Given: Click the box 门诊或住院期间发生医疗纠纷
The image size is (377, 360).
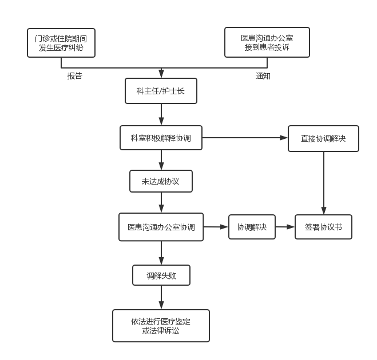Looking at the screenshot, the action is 61,43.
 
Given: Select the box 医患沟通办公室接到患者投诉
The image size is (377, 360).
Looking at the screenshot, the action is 267,42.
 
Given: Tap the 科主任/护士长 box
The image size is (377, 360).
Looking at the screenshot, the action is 161,91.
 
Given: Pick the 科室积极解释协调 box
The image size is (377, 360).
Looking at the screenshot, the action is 161,138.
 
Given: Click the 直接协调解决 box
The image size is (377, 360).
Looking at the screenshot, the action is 323,138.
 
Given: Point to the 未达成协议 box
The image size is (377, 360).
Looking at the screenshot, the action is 161,181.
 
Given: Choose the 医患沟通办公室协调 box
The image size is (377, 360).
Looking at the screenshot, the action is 161,227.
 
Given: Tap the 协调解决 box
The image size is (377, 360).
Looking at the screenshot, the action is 252,227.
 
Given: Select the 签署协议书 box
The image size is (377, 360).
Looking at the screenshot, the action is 323,227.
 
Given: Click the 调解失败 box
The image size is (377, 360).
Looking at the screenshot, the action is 161,275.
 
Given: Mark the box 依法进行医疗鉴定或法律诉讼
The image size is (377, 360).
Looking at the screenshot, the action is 161,326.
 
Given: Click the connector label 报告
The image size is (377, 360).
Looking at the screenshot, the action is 75,76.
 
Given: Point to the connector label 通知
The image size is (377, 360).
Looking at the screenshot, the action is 263,76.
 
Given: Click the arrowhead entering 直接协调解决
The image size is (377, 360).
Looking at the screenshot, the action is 284,138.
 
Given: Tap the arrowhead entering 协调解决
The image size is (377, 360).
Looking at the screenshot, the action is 224,227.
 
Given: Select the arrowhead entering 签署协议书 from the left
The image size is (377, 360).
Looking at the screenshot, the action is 291,227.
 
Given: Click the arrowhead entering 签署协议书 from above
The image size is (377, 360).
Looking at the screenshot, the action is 324,211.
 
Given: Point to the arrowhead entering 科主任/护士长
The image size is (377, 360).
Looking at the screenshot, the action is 161,74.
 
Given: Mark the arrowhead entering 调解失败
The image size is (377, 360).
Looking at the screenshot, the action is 161,261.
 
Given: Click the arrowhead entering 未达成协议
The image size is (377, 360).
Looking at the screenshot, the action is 161,166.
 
